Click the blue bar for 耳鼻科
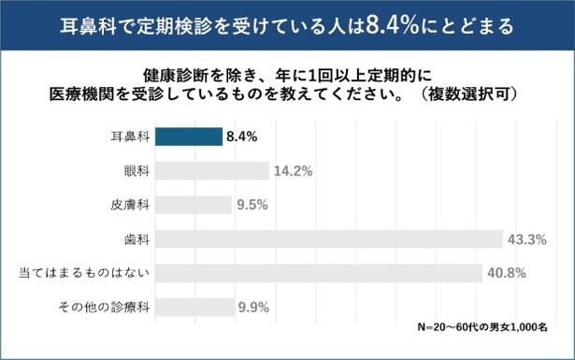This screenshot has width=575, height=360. (x=188, y=137)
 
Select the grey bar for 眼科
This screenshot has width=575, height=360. (x=211, y=171)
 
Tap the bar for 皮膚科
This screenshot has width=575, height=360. (x=193, y=205)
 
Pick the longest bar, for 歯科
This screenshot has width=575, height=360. (x=328, y=239)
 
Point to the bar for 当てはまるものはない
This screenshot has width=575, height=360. (x=318, y=273)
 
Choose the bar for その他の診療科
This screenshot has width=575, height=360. (x=194, y=307)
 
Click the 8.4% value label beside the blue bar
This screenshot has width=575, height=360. (x=240, y=137)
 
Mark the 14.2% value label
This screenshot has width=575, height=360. (x=292, y=171)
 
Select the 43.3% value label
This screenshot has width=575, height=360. (x=525, y=239)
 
